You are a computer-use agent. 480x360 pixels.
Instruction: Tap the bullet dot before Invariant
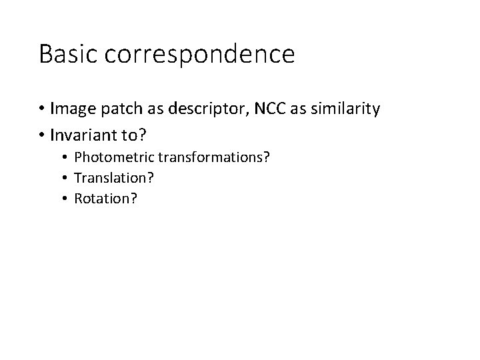pyautogui.click(x=42, y=135)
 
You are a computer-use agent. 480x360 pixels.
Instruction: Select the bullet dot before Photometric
pyautogui.click(x=65, y=158)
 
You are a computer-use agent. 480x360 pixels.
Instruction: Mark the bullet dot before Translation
pyautogui.click(x=65, y=178)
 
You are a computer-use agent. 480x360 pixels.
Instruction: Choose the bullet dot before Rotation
pyautogui.click(x=65, y=199)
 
